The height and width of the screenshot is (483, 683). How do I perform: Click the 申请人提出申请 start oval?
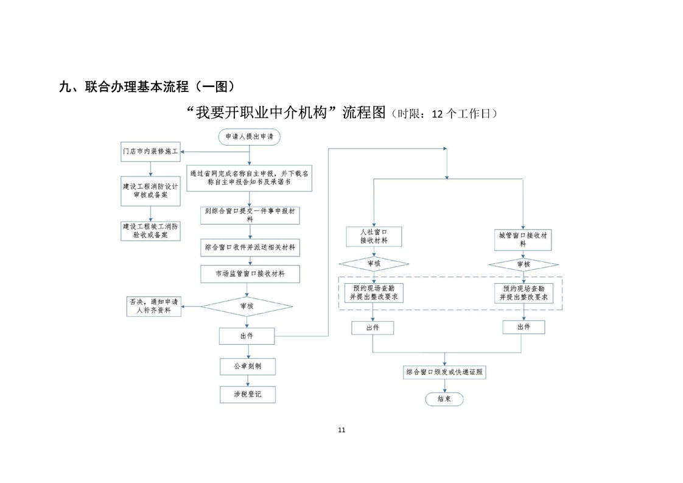(x=250, y=137)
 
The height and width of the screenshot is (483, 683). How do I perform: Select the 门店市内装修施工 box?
(x=150, y=152)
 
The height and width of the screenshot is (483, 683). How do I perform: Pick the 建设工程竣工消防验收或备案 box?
(x=150, y=230)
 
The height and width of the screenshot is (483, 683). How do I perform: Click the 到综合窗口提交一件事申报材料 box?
(x=250, y=216)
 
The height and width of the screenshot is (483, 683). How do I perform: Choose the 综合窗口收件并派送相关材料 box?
(x=250, y=248)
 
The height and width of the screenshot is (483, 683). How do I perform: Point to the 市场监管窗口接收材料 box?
(x=250, y=274)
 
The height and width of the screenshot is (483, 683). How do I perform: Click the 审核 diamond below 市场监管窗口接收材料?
(x=247, y=306)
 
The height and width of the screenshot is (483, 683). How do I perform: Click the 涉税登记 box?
(x=247, y=394)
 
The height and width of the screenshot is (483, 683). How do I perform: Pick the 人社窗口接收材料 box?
(x=373, y=236)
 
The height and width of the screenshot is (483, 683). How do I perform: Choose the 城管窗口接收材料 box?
(x=524, y=239)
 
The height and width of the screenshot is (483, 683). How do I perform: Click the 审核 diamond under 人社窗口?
(x=373, y=264)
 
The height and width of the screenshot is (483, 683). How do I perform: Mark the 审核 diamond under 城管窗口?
(x=524, y=264)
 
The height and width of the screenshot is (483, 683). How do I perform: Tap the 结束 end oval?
(x=444, y=399)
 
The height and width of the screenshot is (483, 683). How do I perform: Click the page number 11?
(x=341, y=430)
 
